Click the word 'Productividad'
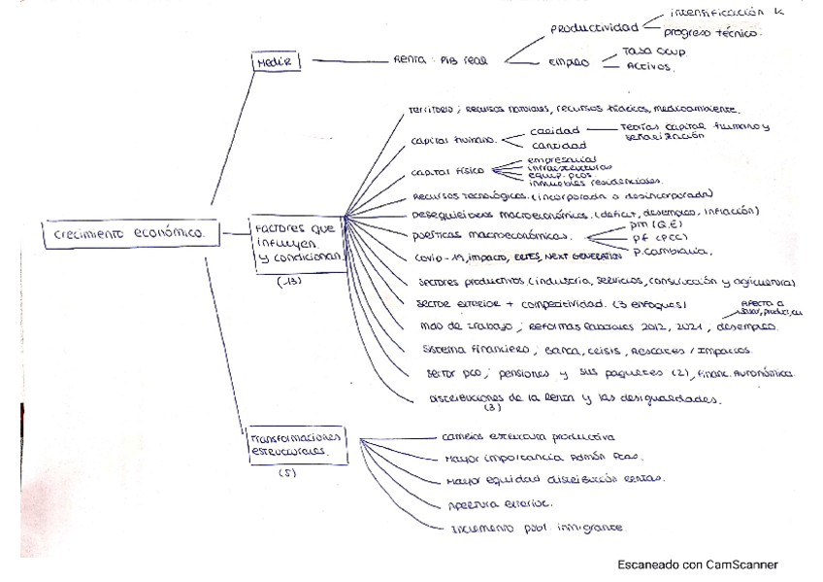[x=592, y=29]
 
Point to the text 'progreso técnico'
[x=713, y=32]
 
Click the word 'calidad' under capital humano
[x=554, y=129]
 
